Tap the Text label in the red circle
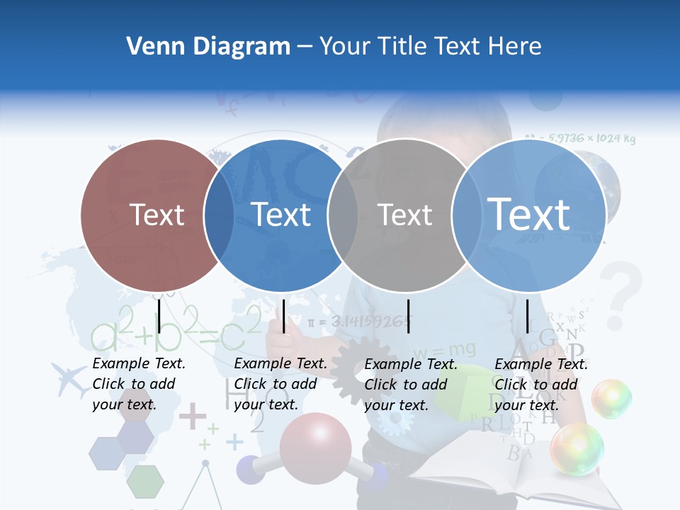[x=157, y=215]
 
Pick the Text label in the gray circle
[x=404, y=215]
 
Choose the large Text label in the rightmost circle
[x=529, y=214]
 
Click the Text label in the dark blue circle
[x=281, y=215]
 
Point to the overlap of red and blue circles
[x=220, y=215]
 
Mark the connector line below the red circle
[x=159, y=316]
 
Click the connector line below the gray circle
[x=409, y=316]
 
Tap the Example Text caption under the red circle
[x=138, y=383]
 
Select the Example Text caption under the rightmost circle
[x=540, y=384]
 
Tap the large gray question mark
[x=621, y=288]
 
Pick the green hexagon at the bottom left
[x=145, y=482]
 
